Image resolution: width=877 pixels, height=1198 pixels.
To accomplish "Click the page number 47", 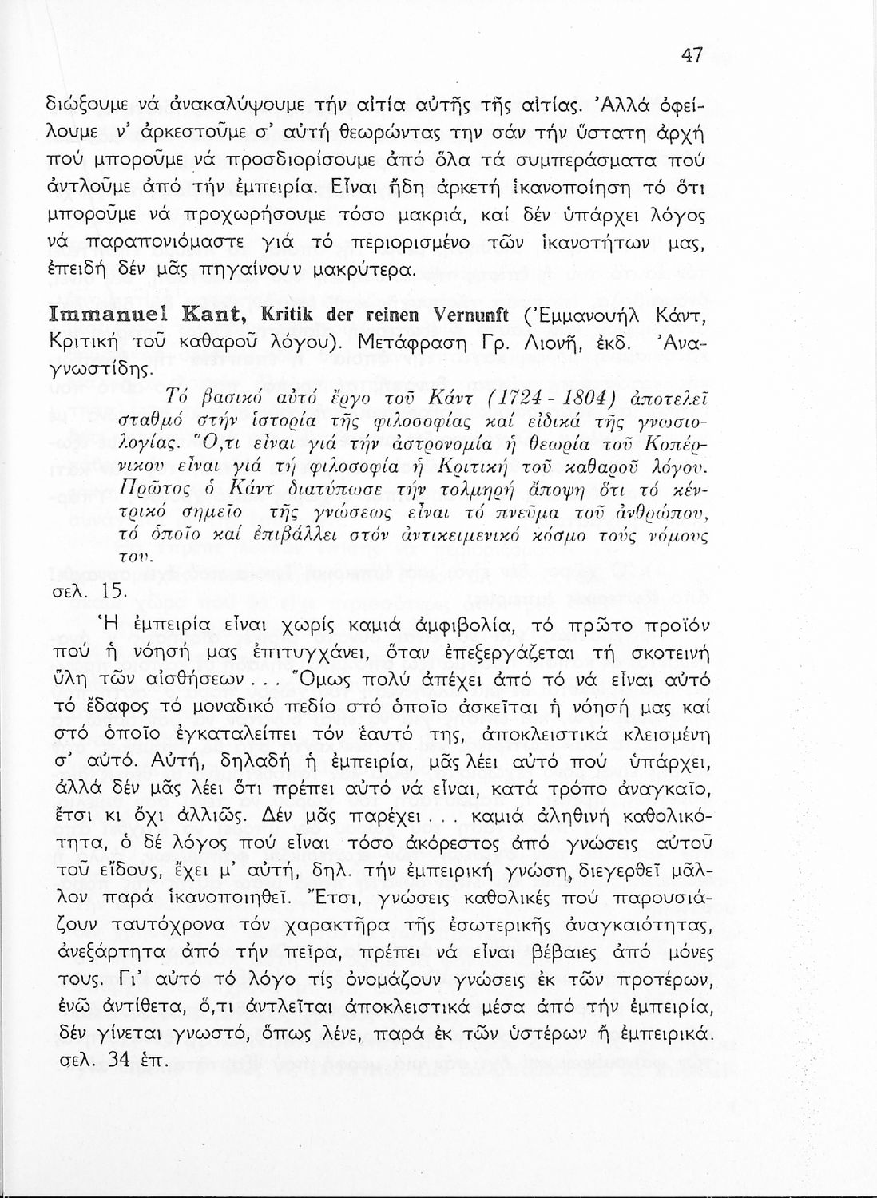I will tap(692, 55).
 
